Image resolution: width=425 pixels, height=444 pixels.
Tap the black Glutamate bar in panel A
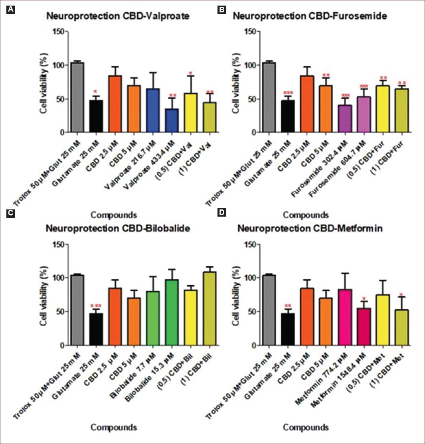pos(96,116)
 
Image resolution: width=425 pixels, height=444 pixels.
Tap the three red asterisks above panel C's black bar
pos(96,305)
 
